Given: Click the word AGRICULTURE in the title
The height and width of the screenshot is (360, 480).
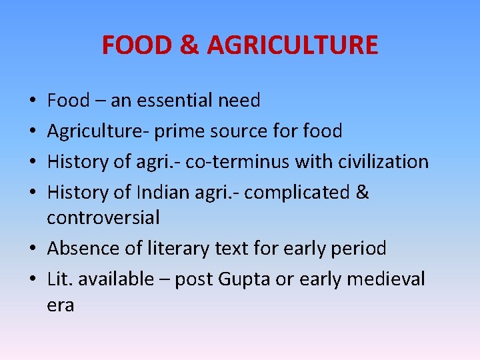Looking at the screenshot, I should [293, 45].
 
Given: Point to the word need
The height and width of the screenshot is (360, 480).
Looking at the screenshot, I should [239, 101].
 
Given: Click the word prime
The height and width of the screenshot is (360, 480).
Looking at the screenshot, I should [179, 131].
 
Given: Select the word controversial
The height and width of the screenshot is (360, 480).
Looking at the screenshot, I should [103, 217].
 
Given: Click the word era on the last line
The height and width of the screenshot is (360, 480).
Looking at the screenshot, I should [61, 305].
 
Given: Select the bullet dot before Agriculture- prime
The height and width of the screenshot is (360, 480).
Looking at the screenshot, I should [33, 132].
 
